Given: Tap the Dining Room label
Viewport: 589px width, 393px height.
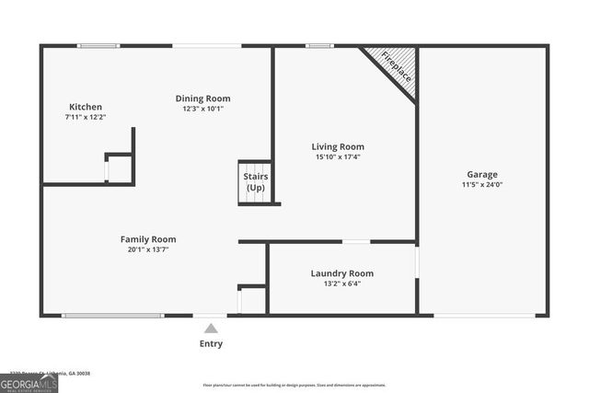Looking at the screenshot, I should point(203,98).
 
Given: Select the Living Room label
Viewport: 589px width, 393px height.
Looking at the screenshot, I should point(338,146).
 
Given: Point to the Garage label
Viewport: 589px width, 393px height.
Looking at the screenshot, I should point(481,174).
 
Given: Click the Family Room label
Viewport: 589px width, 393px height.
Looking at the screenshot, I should point(148,239).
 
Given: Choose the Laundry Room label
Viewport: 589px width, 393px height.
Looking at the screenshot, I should point(341,273).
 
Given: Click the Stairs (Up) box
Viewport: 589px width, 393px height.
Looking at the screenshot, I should point(255,181).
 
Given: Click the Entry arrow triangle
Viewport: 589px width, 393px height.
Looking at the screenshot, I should point(211,328).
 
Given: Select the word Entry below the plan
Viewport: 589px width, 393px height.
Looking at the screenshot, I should point(211,344).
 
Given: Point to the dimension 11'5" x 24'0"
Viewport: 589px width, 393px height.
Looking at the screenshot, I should point(481,185).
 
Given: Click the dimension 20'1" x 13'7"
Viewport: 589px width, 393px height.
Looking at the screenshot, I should point(148,249).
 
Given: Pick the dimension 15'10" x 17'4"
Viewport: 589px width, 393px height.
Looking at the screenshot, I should point(338,156).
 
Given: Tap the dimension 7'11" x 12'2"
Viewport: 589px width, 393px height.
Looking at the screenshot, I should point(85,117).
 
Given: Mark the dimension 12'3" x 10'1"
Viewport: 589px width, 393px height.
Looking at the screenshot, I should point(203,109).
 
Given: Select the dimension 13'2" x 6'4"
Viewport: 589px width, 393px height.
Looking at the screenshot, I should point(341,283).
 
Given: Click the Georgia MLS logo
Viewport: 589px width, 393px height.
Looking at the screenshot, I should point(29,383).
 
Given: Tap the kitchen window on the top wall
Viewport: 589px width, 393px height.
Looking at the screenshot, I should point(98,45).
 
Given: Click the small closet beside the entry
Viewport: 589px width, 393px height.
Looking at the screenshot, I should point(252,300).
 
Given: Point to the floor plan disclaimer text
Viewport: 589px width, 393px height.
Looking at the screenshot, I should point(294,385).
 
